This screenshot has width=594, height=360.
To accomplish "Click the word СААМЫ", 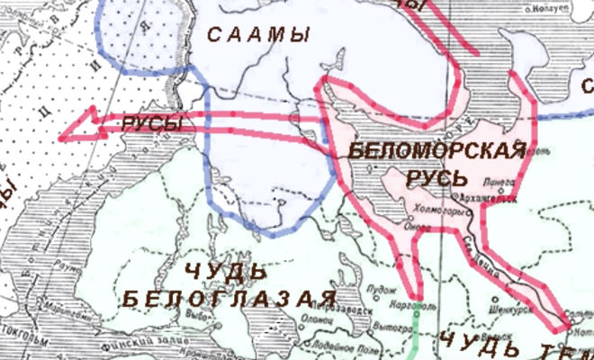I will (x=258, y=36).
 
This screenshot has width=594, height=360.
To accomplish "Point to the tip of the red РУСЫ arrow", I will (x=61, y=138).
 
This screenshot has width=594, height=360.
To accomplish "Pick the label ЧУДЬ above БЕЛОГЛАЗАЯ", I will (x=226, y=271).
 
